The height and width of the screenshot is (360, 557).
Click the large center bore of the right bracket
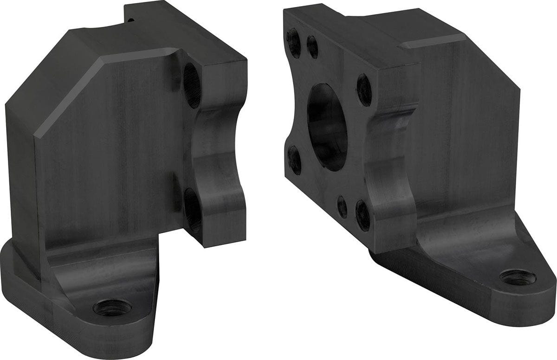327,127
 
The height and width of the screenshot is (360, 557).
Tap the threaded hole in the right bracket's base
518,277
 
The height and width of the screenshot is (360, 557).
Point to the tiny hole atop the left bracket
132,20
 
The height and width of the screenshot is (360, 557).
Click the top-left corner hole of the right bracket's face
293,42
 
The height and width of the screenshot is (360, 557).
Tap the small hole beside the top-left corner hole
312,46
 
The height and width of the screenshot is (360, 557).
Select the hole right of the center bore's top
364,90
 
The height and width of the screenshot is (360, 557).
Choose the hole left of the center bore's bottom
294,160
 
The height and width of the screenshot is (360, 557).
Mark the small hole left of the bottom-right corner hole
342,206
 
